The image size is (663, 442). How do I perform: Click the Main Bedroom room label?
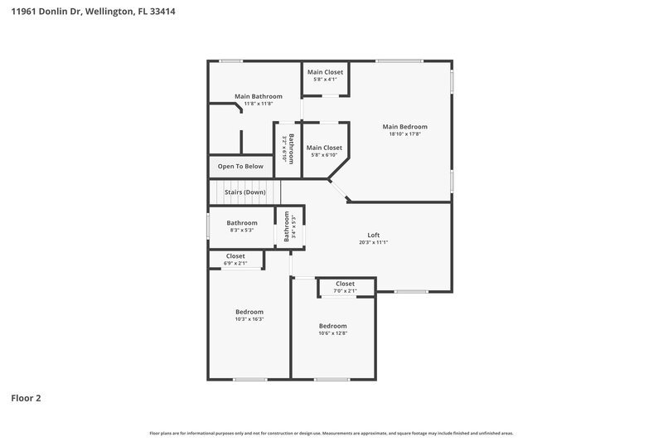click(x=405, y=127)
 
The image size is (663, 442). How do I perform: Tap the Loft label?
click(x=374, y=234)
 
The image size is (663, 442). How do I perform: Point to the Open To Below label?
click(x=240, y=167)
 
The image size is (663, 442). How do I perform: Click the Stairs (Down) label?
click(x=245, y=192)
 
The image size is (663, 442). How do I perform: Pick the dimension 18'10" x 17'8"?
click(x=405, y=134)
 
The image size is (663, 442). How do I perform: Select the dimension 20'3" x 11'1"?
click(x=374, y=242)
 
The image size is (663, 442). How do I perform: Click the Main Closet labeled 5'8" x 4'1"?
click(x=325, y=73)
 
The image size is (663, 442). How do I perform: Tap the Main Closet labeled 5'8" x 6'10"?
click(x=325, y=148)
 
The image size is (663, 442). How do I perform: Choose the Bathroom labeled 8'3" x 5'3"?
click(x=242, y=222)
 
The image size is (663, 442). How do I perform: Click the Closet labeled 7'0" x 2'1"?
click(x=345, y=284)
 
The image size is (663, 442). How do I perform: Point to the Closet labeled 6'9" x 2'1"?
click(x=235, y=256)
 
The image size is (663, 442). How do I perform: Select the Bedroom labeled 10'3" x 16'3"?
click(x=249, y=312)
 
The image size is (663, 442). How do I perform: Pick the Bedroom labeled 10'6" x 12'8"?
click(x=333, y=326)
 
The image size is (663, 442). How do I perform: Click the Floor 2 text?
click(x=26, y=398)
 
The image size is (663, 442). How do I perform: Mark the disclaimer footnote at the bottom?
click(x=331, y=433)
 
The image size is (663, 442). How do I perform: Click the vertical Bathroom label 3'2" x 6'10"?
click(x=288, y=150)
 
